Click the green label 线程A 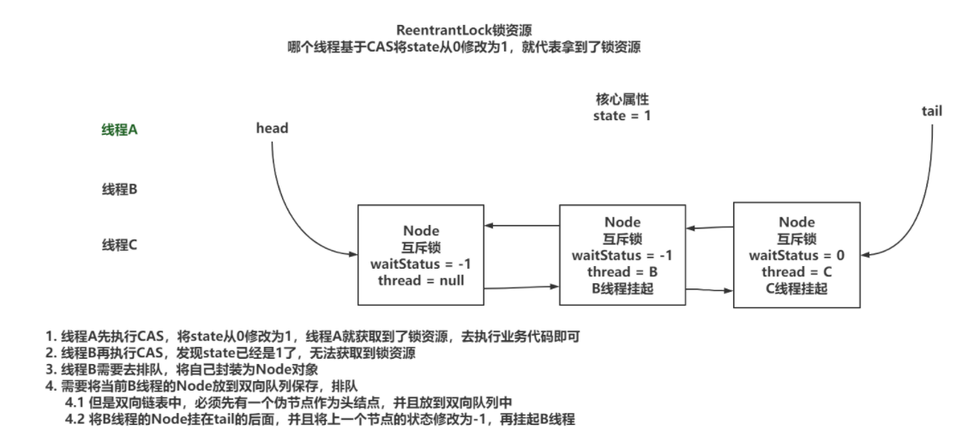tap(119, 130)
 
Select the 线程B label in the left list tap(119, 190)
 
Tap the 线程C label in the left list tap(119, 246)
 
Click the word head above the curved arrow tap(272, 128)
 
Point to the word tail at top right tap(932, 112)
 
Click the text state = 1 tap(622, 116)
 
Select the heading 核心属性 tap(622, 100)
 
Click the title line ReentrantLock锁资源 tap(464, 30)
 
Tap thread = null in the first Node tap(421, 281)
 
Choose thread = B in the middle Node tap(622, 272)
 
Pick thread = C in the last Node tap(797, 272)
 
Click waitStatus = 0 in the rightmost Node tap(797, 255)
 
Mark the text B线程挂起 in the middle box tap(622, 288)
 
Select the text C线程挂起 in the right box tap(797, 288)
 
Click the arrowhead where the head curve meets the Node tap(354, 254)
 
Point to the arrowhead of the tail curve tap(865, 255)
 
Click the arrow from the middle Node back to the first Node tap(522, 225)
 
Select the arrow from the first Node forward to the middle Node tap(522, 288)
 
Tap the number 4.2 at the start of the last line tap(75, 419)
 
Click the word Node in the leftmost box tap(421, 231)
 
